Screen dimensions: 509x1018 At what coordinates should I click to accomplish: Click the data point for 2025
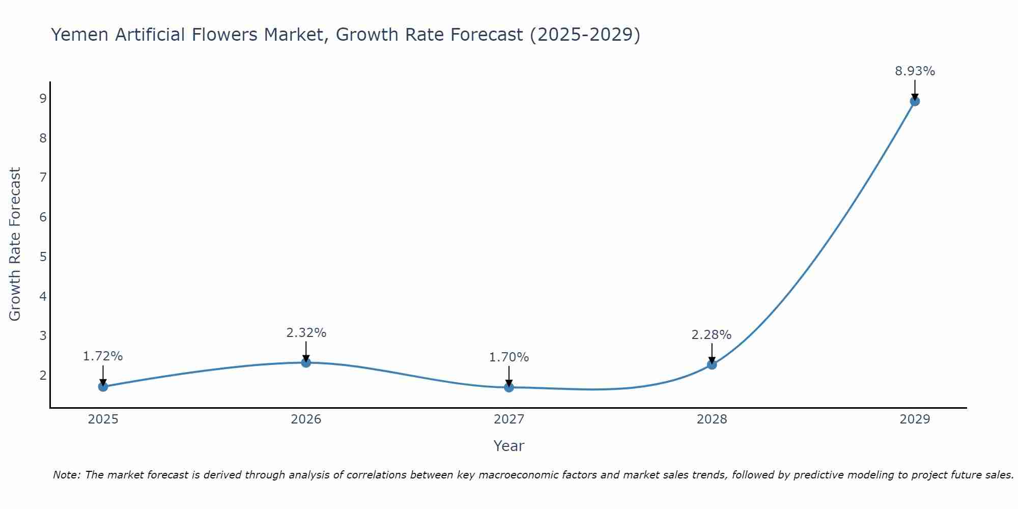coord(103,386)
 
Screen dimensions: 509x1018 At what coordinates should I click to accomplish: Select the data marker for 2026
coord(306,362)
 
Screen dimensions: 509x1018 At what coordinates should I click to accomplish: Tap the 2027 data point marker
coord(509,387)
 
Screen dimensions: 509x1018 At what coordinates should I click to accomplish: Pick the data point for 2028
coord(712,364)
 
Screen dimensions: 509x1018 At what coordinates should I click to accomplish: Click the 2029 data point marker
coord(915,101)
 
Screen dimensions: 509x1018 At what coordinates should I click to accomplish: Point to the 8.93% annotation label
coord(915,71)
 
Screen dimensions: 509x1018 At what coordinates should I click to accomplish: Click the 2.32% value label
coord(306,333)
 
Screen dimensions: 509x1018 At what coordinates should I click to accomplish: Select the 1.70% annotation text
coord(509,357)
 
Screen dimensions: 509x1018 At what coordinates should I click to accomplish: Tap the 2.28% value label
coord(711,335)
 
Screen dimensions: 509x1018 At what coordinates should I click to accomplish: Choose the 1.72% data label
coord(103,356)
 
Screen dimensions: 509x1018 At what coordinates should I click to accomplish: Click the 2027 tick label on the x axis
coord(509,419)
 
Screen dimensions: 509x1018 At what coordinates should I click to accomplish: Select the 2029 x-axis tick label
coord(915,419)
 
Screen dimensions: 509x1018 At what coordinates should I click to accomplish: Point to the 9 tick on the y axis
coord(43,98)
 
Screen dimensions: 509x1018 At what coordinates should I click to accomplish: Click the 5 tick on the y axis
coord(43,257)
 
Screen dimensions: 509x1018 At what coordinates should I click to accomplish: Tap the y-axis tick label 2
coord(43,375)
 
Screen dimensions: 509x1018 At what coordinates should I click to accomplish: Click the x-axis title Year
coord(509,446)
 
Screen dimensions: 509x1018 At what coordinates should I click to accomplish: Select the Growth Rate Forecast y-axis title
coord(15,244)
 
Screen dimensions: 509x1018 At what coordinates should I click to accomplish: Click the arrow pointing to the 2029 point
coord(915,90)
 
